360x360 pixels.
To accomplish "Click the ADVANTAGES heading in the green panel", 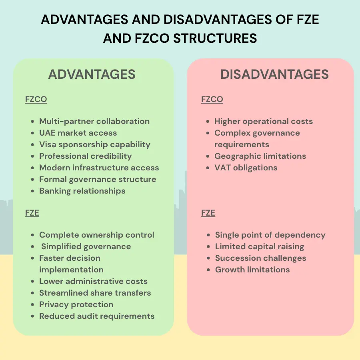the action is [x=92, y=74].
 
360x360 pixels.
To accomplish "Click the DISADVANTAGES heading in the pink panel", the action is [x=274, y=74].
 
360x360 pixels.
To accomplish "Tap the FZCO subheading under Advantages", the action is [x=36, y=100].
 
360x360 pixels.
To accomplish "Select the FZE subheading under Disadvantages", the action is [x=208, y=213].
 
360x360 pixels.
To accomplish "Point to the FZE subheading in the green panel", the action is [x=32, y=213].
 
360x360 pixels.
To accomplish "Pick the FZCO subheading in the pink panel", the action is [x=212, y=100].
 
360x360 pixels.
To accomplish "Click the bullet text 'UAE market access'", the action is [x=78, y=133].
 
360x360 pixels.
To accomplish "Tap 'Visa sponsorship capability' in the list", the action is [x=95, y=144].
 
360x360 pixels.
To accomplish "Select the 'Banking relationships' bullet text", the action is [x=82, y=191].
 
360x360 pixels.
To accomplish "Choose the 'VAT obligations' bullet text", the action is [x=246, y=168].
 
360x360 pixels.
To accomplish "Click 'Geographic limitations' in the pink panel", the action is [x=260, y=156].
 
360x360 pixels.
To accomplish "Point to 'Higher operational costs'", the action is [x=264, y=121].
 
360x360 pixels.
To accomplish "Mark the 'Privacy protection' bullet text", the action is [x=76, y=304].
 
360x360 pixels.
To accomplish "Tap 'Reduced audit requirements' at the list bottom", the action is [x=97, y=316].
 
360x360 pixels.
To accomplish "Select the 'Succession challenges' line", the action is [x=260, y=258].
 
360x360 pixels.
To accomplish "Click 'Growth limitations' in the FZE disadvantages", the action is [x=252, y=270].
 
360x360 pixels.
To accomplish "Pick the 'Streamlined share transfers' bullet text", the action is [x=95, y=293].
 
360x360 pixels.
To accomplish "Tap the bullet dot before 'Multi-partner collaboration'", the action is [x=33, y=122].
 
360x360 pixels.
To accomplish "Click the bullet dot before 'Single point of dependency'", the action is [x=208, y=235].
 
